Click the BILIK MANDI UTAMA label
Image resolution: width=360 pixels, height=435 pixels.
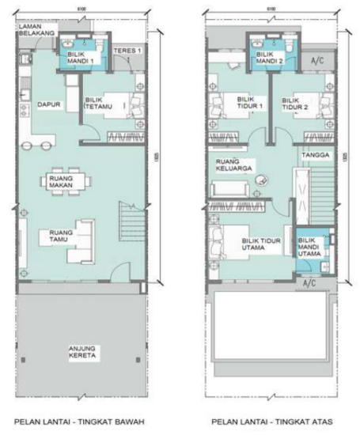309,246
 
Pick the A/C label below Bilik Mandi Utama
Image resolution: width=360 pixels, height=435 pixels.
309,281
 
